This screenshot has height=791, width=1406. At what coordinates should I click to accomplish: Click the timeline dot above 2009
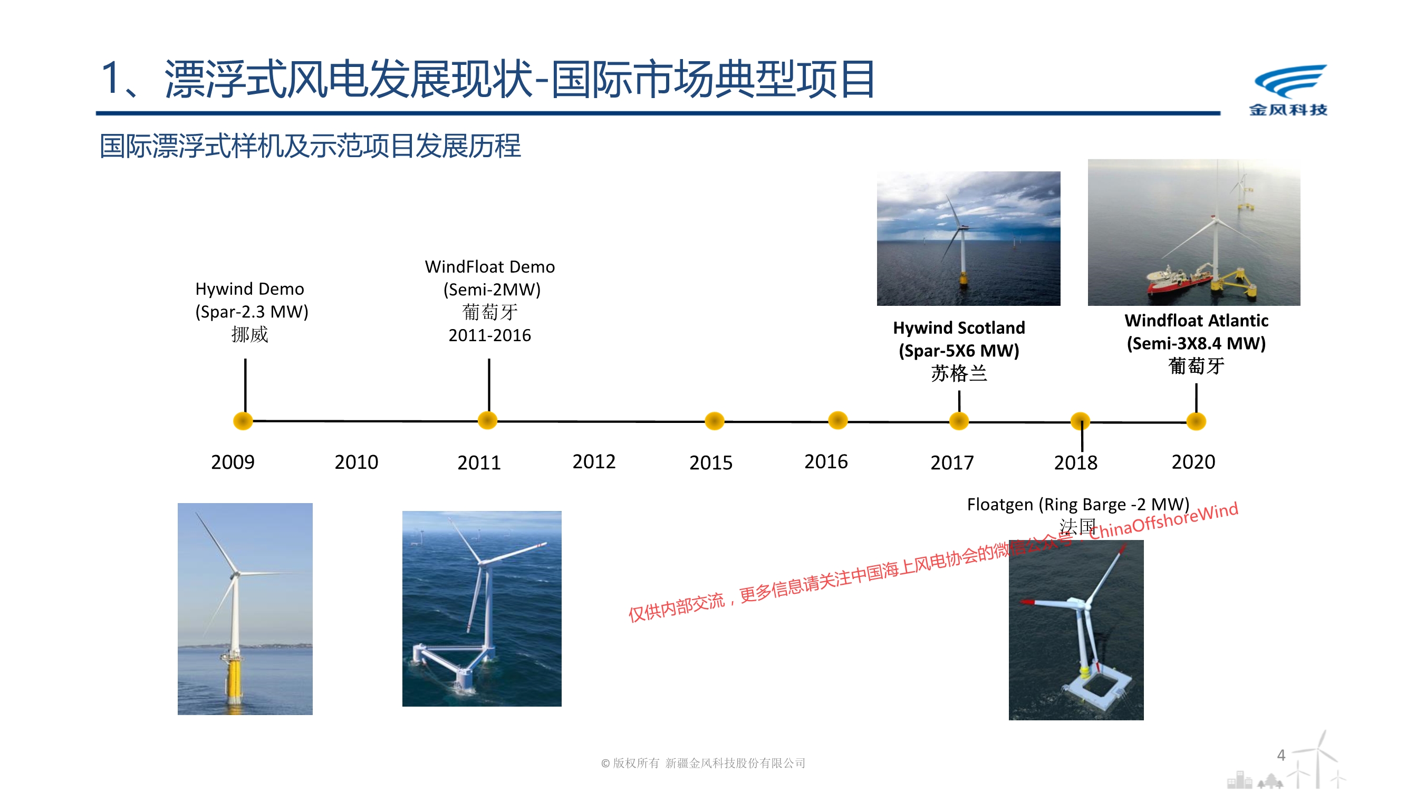(243, 421)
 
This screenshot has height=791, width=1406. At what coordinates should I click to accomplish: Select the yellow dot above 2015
(715, 421)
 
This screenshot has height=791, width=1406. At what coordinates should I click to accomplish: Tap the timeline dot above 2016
(838, 420)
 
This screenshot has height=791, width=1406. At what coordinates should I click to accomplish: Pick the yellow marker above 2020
(1197, 421)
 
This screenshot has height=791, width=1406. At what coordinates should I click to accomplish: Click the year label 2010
(357, 462)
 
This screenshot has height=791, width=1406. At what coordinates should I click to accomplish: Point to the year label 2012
(594, 462)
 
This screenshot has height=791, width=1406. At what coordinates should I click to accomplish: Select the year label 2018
(1076, 463)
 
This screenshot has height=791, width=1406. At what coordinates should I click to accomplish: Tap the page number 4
(1281, 755)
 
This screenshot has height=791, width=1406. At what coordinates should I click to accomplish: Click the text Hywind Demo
(249, 289)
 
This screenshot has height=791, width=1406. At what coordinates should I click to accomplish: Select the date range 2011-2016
(489, 335)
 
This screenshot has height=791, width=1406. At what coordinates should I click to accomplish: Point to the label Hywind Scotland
(959, 327)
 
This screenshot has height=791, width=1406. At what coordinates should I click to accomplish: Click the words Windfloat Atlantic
(1197, 321)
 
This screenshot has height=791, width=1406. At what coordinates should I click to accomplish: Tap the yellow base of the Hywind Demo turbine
(235, 680)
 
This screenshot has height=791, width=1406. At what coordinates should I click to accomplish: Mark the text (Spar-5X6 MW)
(959, 351)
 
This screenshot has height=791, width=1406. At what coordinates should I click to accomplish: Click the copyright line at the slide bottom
(703, 763)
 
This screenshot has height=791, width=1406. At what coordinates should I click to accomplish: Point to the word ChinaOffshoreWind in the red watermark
(1163, 521)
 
